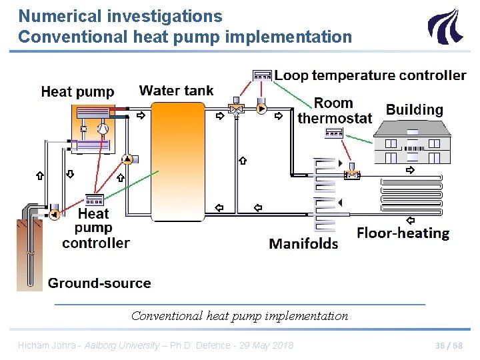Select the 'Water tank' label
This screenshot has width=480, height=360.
176,90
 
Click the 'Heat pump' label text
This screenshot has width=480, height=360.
77,92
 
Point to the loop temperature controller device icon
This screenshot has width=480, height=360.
262,75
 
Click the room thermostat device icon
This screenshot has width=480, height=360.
333,133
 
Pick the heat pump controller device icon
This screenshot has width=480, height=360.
93,199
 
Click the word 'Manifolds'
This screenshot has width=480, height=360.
303,243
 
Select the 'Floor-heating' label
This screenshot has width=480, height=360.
403,233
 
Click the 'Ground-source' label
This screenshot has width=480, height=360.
99,283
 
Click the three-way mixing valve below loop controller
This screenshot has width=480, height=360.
235,109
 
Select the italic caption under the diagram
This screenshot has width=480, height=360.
239,316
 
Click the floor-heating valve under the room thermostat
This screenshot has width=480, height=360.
351,173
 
